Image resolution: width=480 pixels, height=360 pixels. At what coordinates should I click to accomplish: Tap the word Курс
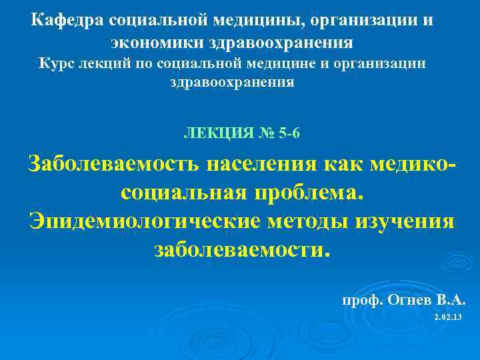point(59,64)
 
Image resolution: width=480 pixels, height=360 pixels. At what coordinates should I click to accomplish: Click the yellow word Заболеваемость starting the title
point(113,163)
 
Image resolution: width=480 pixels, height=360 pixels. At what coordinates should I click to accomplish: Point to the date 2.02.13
point(447,317)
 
